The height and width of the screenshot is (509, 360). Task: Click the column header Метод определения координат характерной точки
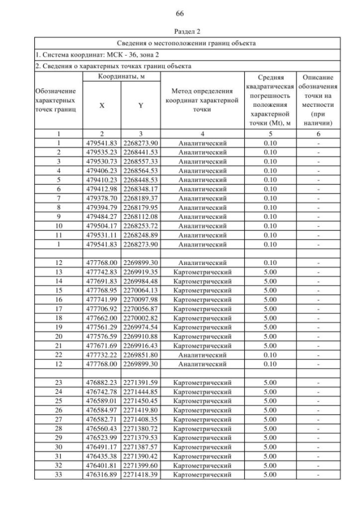(202, 100)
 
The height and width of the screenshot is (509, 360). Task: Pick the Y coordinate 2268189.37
(141, 198)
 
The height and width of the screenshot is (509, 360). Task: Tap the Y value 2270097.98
(141, 299)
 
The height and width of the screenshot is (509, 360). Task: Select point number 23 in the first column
(58, 383)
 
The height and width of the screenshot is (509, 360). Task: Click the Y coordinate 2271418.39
(141, 475)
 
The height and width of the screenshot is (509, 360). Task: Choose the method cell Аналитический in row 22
(202, 354)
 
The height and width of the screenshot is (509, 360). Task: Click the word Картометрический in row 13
(202, 272)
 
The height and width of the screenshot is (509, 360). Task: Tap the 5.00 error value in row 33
(270, 475)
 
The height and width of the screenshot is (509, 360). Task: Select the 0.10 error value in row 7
(270, 198)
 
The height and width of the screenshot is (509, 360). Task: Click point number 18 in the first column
(58, 318)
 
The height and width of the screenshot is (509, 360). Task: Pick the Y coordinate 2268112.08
(141, 217)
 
